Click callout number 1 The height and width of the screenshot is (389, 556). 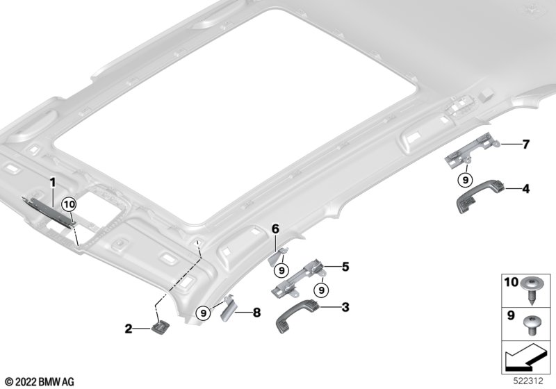pos(53,183)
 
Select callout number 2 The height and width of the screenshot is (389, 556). pos(128,329)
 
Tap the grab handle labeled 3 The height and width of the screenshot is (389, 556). pos(297,315)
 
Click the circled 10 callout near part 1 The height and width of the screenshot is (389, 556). pos(69,205)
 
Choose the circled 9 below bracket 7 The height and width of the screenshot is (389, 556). pos(465,180)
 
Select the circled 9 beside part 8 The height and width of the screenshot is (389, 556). pos(203,313)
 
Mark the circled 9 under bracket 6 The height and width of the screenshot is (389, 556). pos(281,271)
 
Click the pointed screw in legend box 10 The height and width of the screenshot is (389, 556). pos(531,291)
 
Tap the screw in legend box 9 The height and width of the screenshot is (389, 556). pos(530,326)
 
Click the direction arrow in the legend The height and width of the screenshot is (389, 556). pos(525,357)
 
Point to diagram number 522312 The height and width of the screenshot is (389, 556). pos(528,381)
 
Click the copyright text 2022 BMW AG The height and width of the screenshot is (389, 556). pos(40,382)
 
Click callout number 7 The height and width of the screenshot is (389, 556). pos(526,144)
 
